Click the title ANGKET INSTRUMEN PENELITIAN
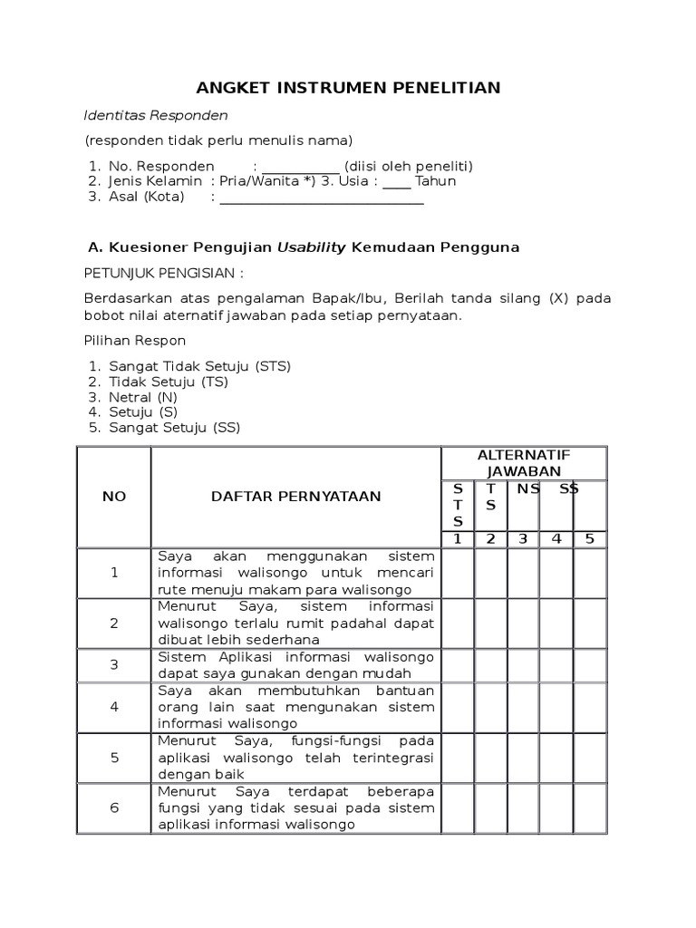tap(348, 87)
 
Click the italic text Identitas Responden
tap(156, 116)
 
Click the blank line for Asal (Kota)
tap(322, 199)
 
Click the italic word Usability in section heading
tap(312, 247)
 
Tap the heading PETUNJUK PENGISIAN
tap(164, 274)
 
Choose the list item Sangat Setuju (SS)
tap(175, 428)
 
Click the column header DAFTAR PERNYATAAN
tap(295, 497)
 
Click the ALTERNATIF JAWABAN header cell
tap(523, 462)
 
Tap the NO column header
tap(114, 497)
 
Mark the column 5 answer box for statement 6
tap(590, 808)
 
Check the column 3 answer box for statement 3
tap(523, 664)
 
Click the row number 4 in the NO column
tap(114, 707)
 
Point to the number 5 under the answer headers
tap(590, 539)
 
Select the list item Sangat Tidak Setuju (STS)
tap(199, 366)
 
